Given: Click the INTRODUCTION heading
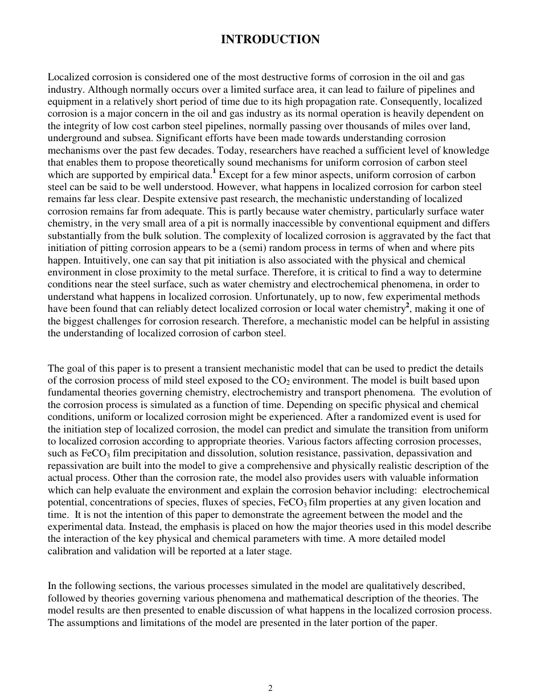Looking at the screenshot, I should pyautogui.click(x=270, y=39).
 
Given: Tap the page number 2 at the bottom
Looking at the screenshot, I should pyautogui.click(x=270, y=687).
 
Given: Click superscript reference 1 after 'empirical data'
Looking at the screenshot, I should pyautogui.click(x=214, y=172).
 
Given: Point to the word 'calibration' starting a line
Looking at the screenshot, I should pyautogui.click(x=69, y=551).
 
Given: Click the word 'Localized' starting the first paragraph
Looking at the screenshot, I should pyautogui.click(x=66, y=77).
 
